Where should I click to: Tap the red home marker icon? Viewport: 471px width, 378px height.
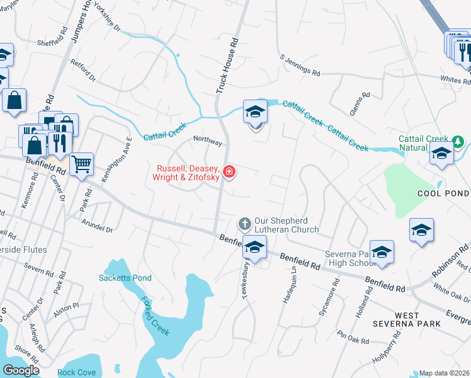pos(229,171)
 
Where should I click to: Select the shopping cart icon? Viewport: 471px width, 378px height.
pos(81,165)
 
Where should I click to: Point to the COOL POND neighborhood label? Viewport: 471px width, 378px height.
pos(443,193)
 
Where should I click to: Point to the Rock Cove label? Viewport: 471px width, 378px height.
pos(77,372)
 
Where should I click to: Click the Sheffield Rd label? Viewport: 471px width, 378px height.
pos(52,43)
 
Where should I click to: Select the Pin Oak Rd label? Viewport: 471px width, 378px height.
pos(353,337)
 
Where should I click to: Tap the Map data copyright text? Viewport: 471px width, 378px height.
pos(443,373)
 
